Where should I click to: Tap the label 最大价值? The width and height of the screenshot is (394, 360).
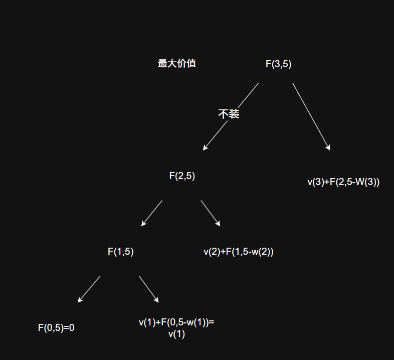(176, 64)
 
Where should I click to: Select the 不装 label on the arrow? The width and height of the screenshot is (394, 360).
(229, 114)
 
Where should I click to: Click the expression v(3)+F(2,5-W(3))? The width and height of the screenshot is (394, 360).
(343, 183)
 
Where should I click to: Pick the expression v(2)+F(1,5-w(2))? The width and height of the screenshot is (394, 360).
(239, 252)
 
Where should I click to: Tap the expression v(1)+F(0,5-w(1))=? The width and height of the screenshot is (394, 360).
(176, 323)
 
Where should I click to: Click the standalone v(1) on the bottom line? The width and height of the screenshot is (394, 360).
(176, 334)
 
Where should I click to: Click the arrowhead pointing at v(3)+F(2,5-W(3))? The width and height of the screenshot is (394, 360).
(329, 148)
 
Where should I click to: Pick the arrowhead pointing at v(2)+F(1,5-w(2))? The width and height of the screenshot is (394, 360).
(218, 224)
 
